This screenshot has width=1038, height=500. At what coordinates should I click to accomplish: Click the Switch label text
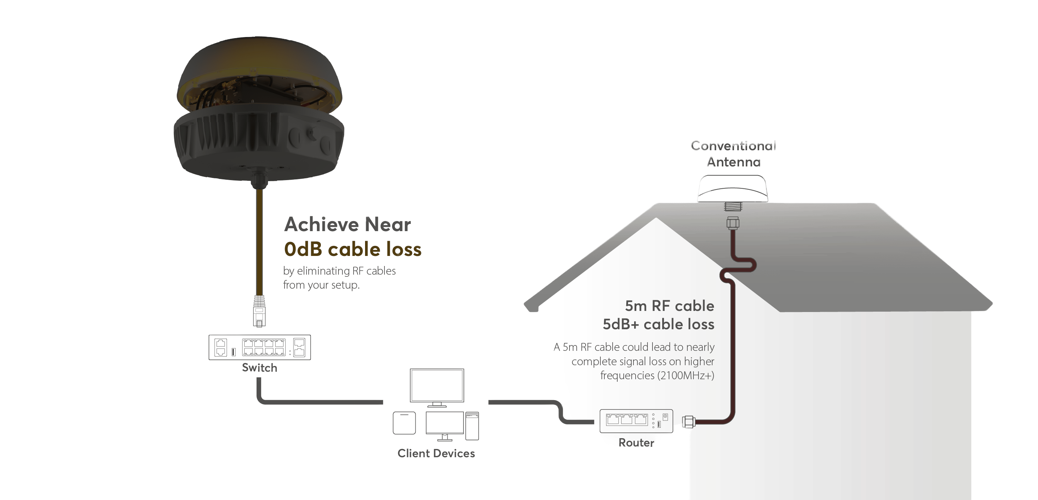(x=259, y=368)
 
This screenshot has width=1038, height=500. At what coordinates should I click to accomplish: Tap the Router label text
(x=636, y=443)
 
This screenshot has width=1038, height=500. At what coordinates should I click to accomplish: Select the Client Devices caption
(x=436, y=454)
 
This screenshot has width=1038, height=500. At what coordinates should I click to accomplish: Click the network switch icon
(x=259, y=347)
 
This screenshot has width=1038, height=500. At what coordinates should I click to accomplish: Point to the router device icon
(x=636, y=421)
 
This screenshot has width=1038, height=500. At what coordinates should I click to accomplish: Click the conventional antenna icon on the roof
(x=733, y=188)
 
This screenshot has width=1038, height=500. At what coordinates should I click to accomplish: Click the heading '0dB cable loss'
(x=352, y=249)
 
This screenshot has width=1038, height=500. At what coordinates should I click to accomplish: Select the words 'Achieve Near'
(x=347, y=224)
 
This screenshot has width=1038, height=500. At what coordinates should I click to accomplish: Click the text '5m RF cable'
(x=669, y=306)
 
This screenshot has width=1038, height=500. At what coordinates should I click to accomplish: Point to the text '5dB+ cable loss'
(x=659, y=325)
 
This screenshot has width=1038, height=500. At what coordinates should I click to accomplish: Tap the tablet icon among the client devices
(x=404, y=423)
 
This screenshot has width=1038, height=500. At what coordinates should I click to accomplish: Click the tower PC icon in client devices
(x=472, y=426)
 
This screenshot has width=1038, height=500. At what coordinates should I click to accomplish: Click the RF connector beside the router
(x=688, y=422)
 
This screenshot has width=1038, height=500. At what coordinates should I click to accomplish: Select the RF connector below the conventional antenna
(x=733, y=223)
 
